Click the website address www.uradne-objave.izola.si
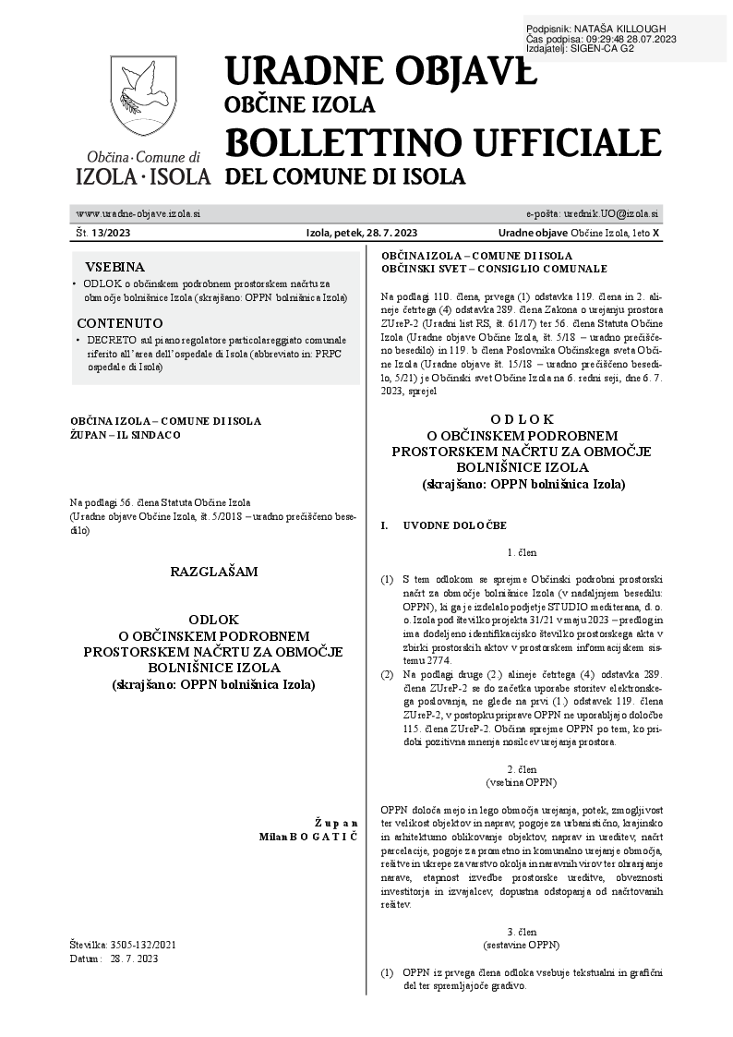[138, 213]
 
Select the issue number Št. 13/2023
[103, 234]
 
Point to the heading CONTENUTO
[120, 323]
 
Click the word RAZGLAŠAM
[213, 572]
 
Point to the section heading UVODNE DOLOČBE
[454, 525]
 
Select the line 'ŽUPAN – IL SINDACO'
[126, 434]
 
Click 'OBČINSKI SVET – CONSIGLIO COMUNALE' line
[494, 269]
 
